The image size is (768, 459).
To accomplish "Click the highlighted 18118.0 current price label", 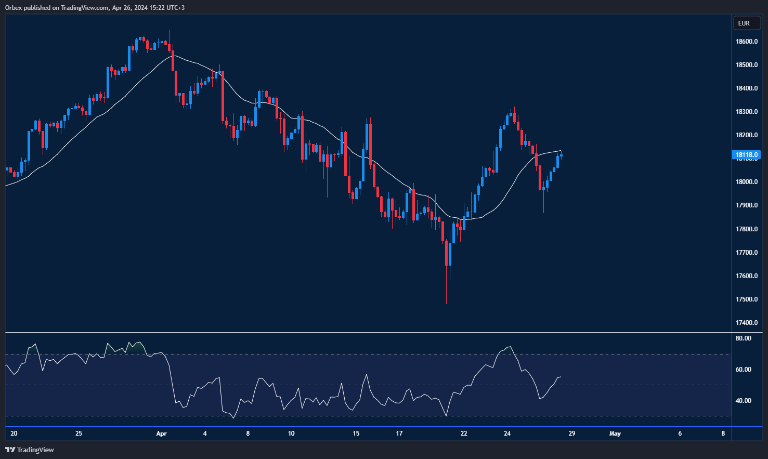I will [x=747, y=155].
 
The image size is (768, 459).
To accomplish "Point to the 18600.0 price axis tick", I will [x=747, y=42].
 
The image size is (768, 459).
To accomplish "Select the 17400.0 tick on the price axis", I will [x=747, y=323].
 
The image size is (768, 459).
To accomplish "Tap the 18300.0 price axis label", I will [x=747, y=112].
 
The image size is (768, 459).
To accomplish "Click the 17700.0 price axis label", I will [x=747, y=253].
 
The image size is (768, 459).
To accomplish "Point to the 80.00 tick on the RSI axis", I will [x=744, y=338].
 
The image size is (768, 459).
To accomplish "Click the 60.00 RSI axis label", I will [x=744, y=370].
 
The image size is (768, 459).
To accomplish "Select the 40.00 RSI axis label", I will [x=744, y=401].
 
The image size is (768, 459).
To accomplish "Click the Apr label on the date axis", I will [x=161, y=434].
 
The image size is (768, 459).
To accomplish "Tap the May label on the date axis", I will [x=615, y=434].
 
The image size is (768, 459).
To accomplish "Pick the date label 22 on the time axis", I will [x=464, y=434].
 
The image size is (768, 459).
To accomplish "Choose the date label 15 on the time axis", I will [x=356, y=434].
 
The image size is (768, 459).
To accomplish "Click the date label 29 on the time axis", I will [x=571, y=434].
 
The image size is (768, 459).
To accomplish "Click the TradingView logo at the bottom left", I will [x=30, y=450].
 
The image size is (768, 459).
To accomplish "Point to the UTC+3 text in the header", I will [x=175, y=8].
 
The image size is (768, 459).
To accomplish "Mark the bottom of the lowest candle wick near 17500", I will [x=447, y=304].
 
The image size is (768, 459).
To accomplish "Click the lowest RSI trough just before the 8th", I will [x=233, y=418].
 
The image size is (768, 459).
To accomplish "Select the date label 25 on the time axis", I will [x=79, y=434].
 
